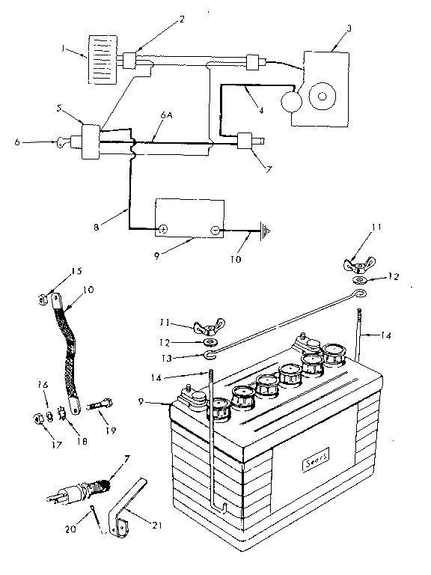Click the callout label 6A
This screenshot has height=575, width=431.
coord(167,117)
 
